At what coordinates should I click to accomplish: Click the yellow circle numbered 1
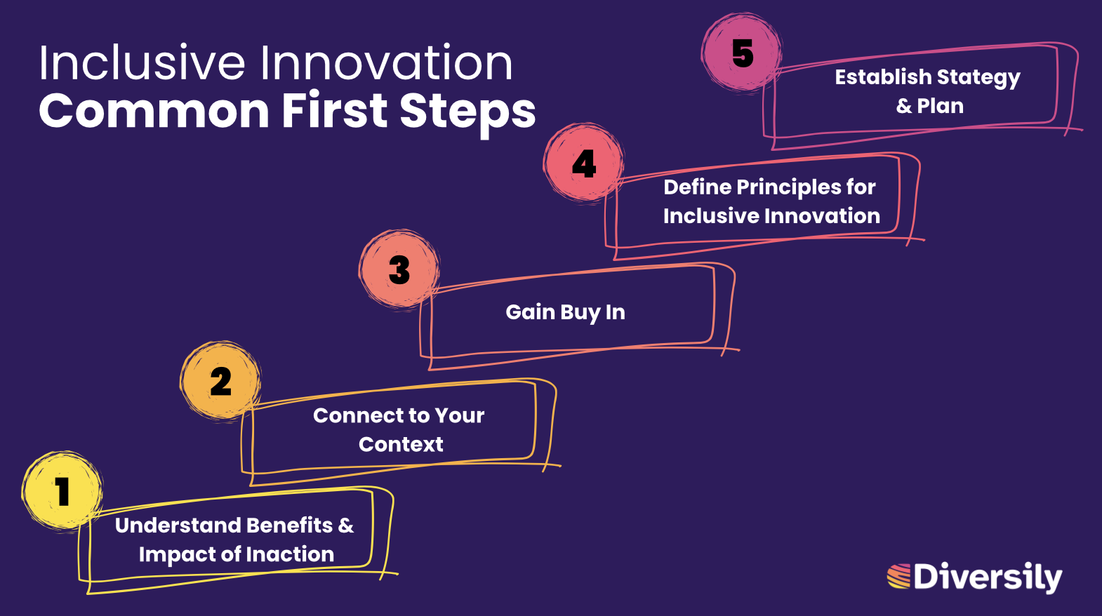62,490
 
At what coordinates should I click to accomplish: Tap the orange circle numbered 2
220,381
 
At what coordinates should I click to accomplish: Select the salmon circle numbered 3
399,269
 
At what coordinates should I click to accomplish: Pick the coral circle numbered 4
584,163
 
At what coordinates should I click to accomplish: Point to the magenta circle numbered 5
742,53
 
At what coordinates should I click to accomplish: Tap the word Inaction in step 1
290,554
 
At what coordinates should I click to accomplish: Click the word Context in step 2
401,444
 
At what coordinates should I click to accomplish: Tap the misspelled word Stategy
978,78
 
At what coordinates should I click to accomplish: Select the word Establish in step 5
883,76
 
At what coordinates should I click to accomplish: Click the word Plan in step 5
940,106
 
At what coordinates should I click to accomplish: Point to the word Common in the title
154,111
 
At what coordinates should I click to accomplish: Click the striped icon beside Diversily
899,576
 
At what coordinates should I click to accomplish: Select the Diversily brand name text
988,577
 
